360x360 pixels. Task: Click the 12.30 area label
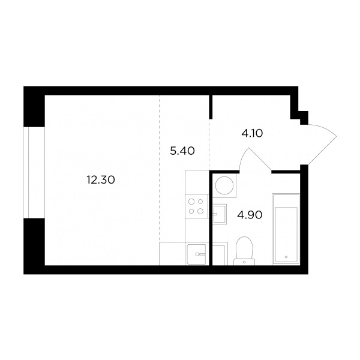click(x=101, y=180)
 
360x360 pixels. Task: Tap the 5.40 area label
click(x=182, y=151)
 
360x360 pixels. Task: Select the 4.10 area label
click(x=252, y=133)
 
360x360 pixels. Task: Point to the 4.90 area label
click(x=250, y=215)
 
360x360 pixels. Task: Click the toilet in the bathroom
click(x=244, y=251)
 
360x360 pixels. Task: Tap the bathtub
click(x=286, y=229)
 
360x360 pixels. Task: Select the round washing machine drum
click(x=224, y=185)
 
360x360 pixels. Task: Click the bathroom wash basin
click(x=220, y=214)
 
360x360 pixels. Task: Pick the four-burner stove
click(x=196, y=206)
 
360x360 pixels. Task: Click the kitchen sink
click(x=197, y=254)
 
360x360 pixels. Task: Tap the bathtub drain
click(x=286, y=257)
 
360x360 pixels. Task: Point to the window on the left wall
click(x=34, y=172)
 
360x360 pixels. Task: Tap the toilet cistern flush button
click(x=244, y=262)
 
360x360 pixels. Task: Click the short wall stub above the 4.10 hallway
click(x=211, y=107)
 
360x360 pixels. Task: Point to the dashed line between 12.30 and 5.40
click(x=160, y=169)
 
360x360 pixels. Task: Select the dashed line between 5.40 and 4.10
click(x=209, y=145)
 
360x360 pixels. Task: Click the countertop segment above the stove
click(x=197, y=182)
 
